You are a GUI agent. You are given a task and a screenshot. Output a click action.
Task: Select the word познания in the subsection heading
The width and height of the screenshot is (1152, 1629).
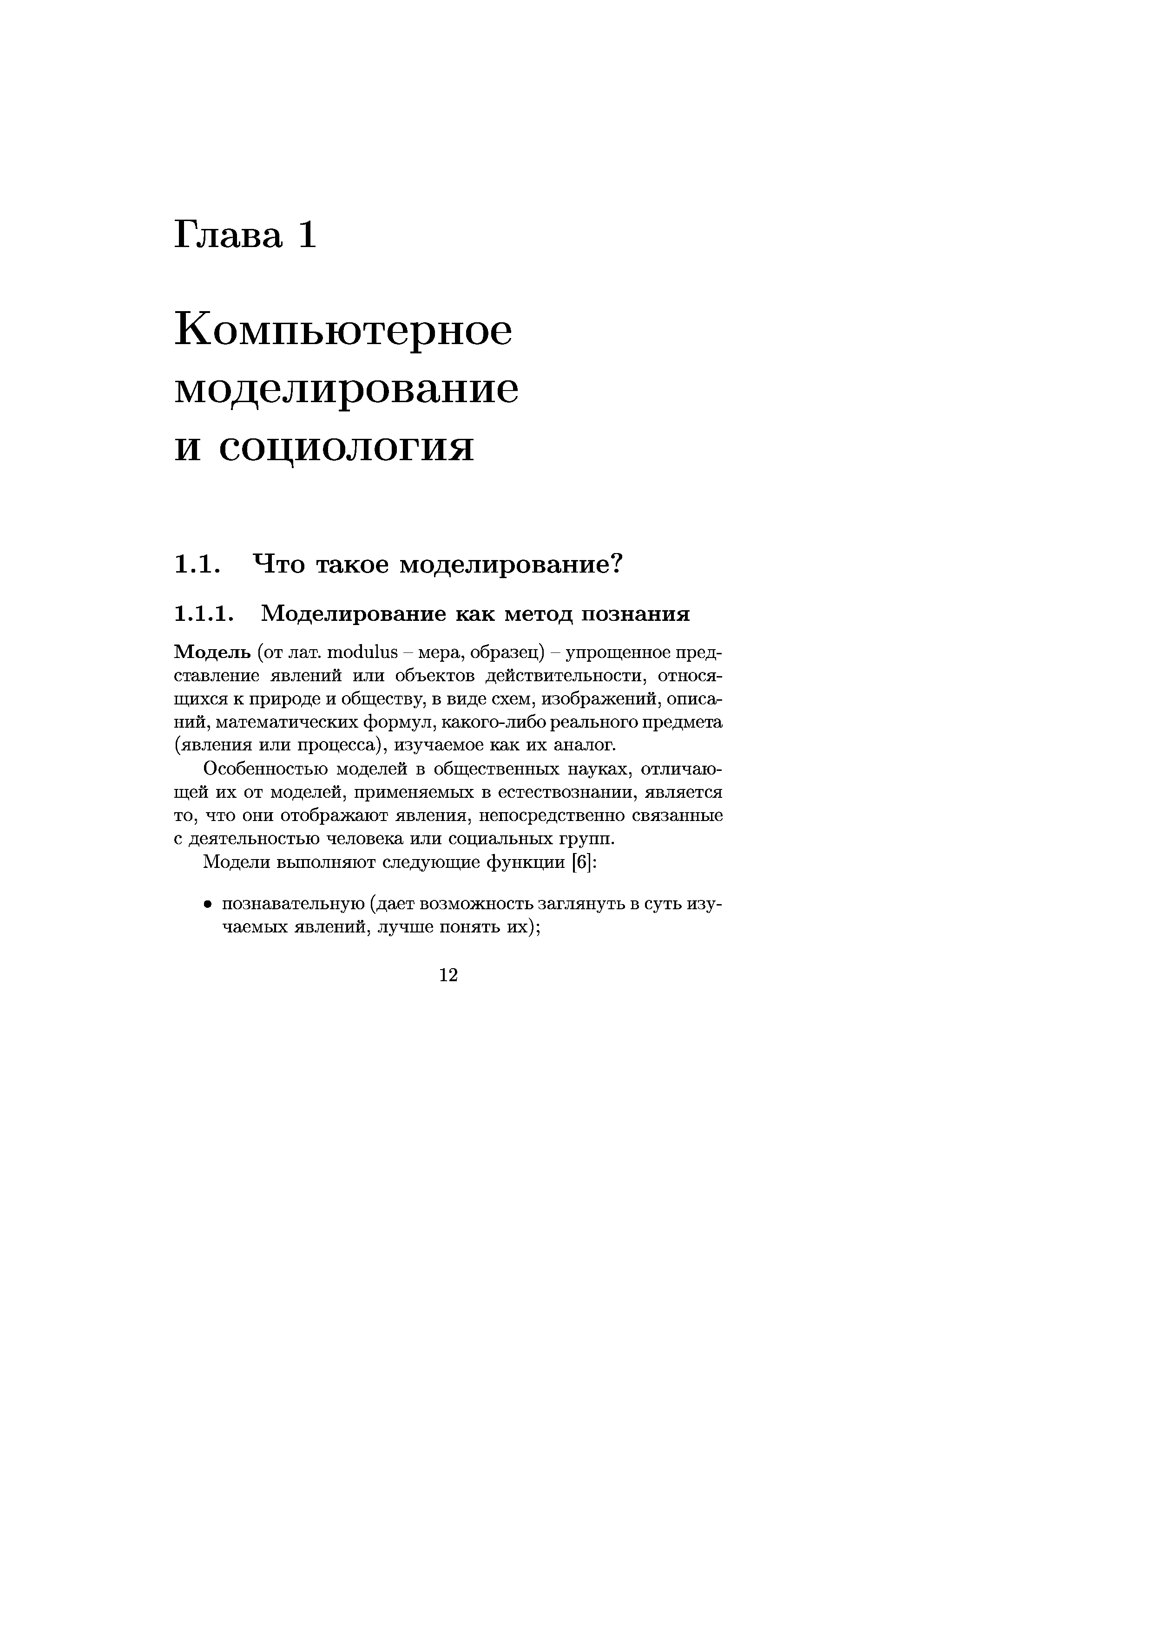click(635, 613)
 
